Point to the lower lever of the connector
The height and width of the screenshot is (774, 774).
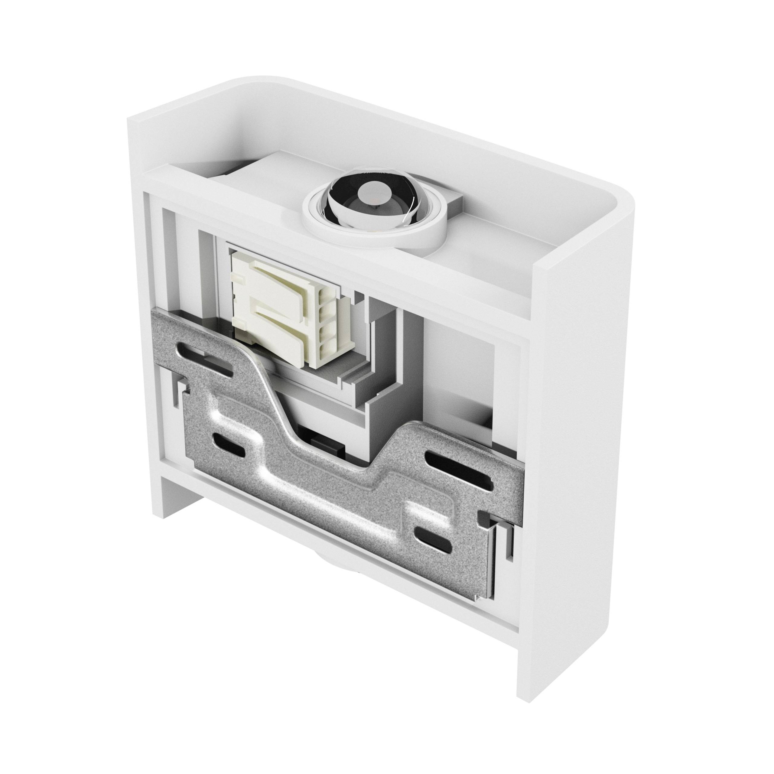tap(276, 320)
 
